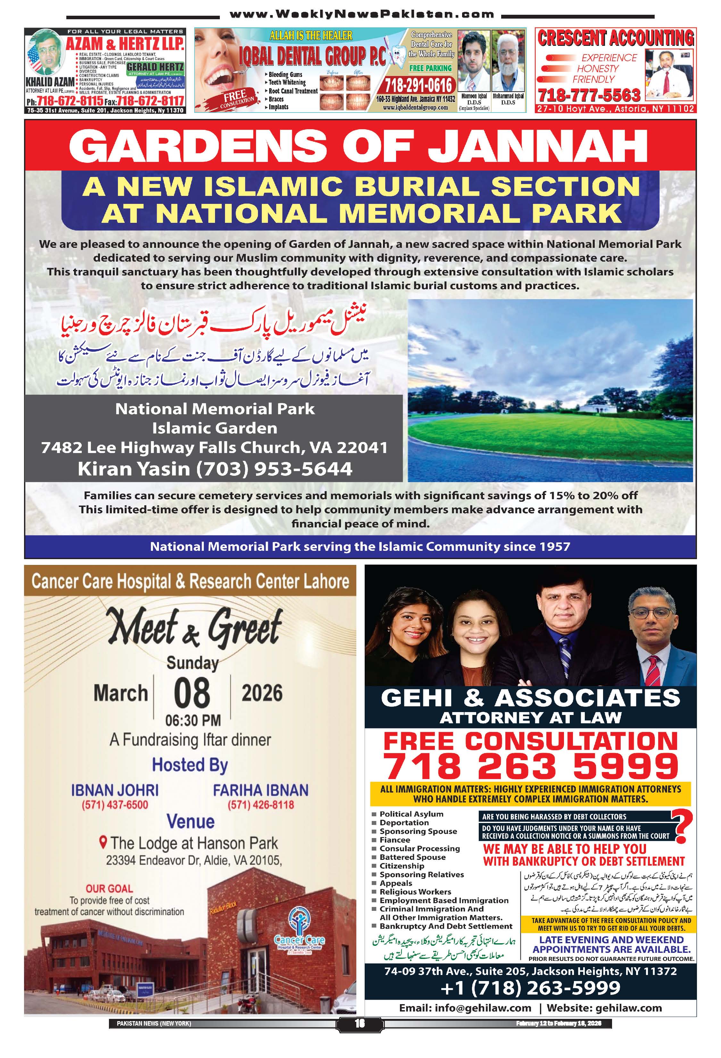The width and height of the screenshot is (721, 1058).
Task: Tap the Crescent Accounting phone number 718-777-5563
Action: point(589,96)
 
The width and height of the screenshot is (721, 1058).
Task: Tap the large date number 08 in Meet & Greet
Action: point(192,693)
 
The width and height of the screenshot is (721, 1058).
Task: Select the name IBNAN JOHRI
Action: point(115,790)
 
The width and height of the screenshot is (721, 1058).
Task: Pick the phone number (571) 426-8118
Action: point(261,804)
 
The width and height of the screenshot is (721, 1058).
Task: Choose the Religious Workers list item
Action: point(415,892)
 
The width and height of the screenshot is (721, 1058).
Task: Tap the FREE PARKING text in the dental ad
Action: point(430,68)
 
